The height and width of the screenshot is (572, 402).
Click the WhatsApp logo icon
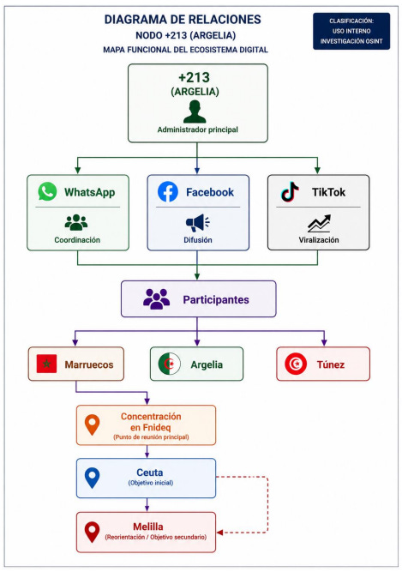pos(47,191)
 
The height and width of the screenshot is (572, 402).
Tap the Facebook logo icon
pos(168,191)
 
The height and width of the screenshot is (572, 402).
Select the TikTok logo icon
pos(290,191)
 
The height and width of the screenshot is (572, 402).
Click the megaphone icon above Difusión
pos(197,222)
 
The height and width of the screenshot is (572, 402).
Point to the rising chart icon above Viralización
pos(319,223)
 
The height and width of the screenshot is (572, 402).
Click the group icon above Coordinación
pos(76,222)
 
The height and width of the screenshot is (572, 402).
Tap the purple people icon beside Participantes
pos(156,299)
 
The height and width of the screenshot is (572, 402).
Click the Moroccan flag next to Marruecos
pos(46,364)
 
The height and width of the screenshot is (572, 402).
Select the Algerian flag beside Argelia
pos(169,364)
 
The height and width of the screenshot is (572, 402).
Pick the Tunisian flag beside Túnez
pos(296,364)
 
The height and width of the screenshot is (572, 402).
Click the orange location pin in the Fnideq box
pos(92,425)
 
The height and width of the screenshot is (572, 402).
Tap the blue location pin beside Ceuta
pos(92,478)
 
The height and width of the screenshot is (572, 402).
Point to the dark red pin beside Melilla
pos(92,532)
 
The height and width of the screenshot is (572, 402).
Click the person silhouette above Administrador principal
pos(195,111)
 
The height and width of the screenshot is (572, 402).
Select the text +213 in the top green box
pos(194,77)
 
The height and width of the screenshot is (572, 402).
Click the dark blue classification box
pos(351,31)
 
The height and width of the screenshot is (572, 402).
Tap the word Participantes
pos(216,299)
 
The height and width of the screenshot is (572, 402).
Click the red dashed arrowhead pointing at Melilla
pos(219,533)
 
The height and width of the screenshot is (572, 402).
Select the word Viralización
pos(319,239)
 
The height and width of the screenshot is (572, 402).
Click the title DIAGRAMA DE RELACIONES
pos(183,20)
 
